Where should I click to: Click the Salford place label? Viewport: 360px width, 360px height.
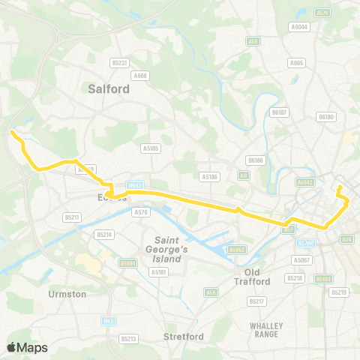point(109,88)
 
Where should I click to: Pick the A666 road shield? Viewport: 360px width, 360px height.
point(139,75)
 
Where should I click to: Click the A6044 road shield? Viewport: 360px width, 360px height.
point(300,26)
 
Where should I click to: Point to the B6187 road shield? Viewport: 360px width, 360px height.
point(280,112)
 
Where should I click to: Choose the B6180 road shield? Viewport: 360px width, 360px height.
point(325,116)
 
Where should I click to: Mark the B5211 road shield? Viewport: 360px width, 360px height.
point(72,217)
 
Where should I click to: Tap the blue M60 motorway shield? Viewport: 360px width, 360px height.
point(107,320)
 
